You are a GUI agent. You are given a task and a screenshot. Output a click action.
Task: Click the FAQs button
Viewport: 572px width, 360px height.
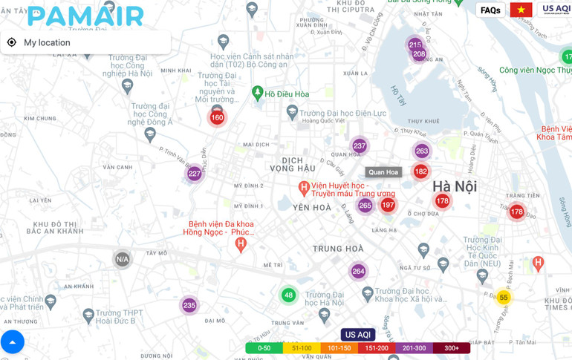(x=490, y=10)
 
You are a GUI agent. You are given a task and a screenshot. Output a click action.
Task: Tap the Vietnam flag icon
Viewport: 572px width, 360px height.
(x=521, y=10)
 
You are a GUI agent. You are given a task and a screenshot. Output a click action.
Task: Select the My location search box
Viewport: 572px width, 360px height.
(x=85, y=42)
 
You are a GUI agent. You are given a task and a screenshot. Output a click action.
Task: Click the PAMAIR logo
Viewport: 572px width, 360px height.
(x=85, y=16)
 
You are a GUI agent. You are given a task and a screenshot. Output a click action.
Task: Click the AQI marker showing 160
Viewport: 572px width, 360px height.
(x=217, y=117)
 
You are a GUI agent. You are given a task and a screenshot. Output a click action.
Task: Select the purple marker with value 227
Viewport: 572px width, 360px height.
(x=194, y=174)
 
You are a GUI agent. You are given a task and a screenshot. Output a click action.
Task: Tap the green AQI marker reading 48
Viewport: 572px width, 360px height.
(x=288, y=295)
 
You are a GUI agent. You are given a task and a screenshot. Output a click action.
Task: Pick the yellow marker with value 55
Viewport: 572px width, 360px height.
(x=503, y=298)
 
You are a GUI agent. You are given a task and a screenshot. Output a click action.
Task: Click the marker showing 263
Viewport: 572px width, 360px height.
(x=422, y=151)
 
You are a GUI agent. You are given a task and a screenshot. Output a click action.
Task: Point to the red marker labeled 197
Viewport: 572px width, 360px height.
(x=388, y=205)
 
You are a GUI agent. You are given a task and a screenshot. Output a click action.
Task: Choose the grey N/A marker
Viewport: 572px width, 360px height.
(x=122, y=259)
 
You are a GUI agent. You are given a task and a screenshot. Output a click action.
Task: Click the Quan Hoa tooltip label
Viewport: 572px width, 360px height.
(x=383, y=172)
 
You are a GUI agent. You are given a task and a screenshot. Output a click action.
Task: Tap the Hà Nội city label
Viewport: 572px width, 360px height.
(x=455, y=186)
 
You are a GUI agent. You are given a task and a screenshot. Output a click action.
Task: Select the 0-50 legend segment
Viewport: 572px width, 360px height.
(x=264, y=348)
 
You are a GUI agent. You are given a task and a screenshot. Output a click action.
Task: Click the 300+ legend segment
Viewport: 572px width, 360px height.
(x=452, y=348)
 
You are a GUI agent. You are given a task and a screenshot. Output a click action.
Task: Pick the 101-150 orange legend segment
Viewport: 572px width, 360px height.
(x=339, y=348)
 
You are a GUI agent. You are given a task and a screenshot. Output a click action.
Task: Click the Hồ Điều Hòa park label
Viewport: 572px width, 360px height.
(x=287, y=94)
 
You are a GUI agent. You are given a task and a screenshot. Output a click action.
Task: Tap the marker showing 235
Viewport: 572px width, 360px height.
(x=189, y=305)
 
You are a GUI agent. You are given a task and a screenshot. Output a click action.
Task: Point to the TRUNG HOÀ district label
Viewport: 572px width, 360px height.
(x=338, y=249)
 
